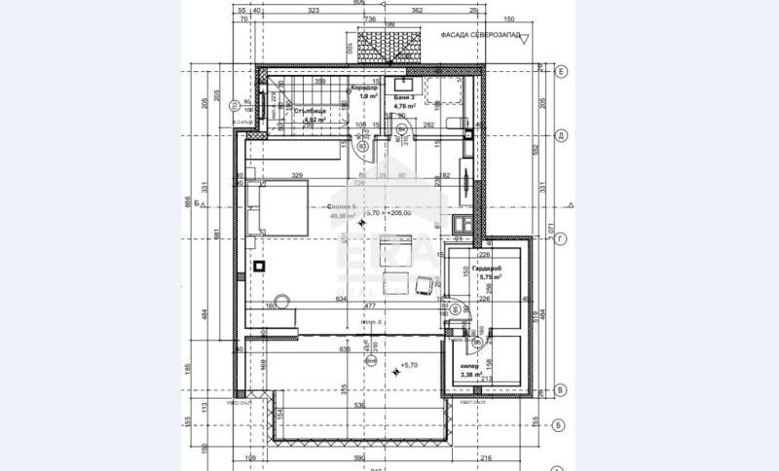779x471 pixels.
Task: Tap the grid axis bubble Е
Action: pos(561,72)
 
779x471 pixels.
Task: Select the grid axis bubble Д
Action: pos(561,136)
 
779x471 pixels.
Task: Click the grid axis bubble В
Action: pos(561,389)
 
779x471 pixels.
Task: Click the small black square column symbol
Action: pos(258,265)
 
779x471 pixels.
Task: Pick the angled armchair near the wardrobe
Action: pos(424,283)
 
